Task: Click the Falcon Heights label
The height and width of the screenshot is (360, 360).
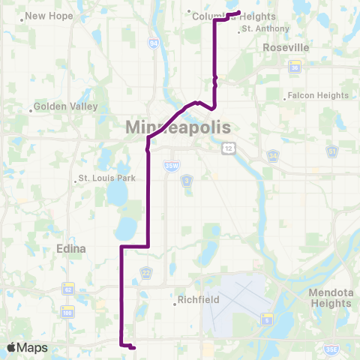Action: [x=319, y=95]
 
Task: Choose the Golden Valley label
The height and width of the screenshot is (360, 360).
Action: [x=66, y=106]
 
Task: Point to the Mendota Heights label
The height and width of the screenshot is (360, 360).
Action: [x=330, y=298]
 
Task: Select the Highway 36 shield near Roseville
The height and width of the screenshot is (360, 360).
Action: [x=295, y=67]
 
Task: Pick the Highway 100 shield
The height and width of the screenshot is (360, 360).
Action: [x=68, y=310]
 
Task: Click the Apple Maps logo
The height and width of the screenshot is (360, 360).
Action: [x=27, y=347]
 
